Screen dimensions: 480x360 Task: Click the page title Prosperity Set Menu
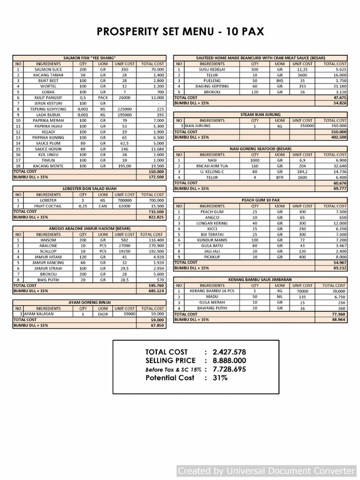[x=180, y=31]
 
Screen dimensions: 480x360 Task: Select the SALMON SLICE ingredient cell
[x=48, y=69]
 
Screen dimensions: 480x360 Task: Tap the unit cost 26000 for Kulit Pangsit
[x=124, y=97]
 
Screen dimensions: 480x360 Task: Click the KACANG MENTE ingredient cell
[x=48, y=166]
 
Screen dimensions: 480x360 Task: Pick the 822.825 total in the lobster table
[x=156, y=217]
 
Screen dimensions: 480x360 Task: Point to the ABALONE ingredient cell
[x=48, y=246]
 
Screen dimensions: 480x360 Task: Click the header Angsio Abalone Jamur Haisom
[x=90, y=229]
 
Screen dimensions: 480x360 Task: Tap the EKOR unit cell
[x=103, y=314]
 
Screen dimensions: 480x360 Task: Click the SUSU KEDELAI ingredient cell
[x=212, y=69]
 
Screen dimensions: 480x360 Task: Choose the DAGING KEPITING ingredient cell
[x=212, y=86]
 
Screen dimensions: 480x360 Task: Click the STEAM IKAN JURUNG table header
[x=260, y=114]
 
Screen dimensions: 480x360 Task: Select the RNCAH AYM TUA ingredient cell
[x=212, y=166]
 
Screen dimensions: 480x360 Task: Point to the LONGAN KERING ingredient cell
[x=212, y=223]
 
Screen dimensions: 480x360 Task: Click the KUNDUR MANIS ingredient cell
[x=212, y=240]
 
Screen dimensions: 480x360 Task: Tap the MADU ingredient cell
[x=212, y=297]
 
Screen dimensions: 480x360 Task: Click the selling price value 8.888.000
[x=229, y=360]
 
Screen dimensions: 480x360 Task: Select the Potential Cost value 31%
[x=220, y=378]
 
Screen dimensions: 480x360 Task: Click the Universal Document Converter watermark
[x=266, y=471]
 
